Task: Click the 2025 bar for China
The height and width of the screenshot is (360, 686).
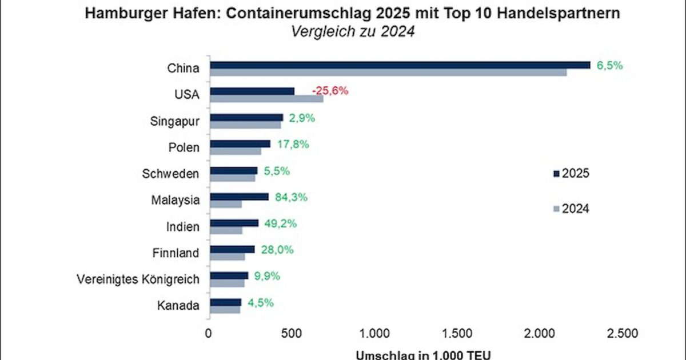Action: (400, 65)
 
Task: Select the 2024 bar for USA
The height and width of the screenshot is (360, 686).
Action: (266, 99)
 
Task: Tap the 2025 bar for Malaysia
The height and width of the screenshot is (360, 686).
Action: (239, 197)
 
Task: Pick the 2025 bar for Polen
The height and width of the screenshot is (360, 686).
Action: (240, 144)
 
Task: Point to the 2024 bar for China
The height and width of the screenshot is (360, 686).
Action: (389, 73)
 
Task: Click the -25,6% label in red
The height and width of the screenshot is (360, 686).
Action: (330, 91)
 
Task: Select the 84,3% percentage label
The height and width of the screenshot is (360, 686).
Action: (292, 197)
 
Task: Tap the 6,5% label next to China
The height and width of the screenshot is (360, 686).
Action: (609, 65)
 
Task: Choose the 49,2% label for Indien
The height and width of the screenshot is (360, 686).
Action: (281, 223)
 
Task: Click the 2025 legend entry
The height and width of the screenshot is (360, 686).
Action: (572, 173)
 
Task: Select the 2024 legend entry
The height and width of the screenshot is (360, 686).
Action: (572, 209)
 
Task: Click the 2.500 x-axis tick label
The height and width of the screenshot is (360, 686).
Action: (621, 333)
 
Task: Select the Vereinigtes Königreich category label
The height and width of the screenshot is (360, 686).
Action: (138, 279)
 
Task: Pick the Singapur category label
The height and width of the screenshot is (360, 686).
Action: (176, 121)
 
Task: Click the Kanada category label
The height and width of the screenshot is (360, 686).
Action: (178, 306)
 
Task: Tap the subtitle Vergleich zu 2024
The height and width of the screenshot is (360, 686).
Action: (352, 31)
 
